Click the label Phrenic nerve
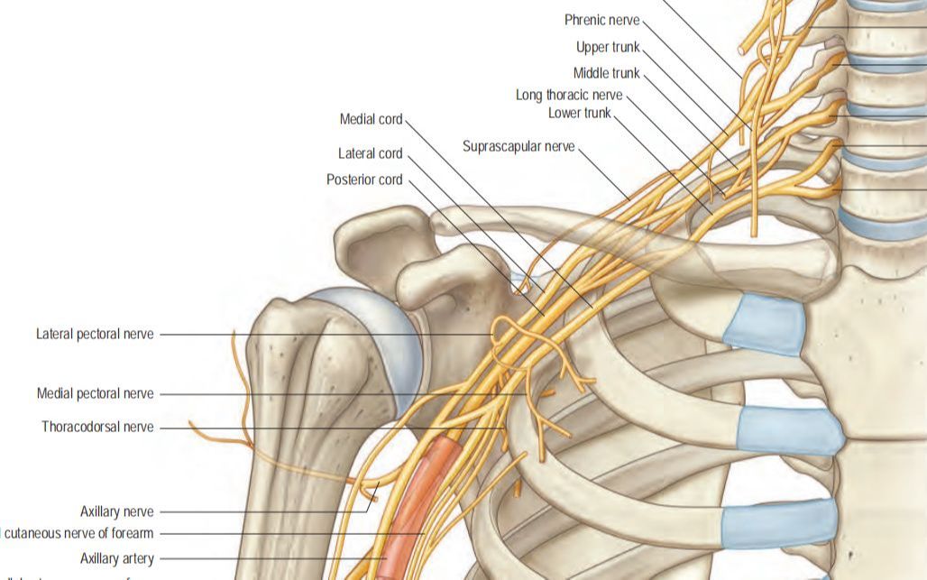pyautogui.click(x=602, y=20)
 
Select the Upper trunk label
pyautogui.click(x=608, y=47)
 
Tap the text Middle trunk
pyautogui.click(x=606, y=73)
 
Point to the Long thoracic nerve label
pyautogui.click(x=568, y=95)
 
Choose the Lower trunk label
pyautogui.click(x=579, y=113)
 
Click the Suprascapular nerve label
pyautogui.click(x=519, y=146)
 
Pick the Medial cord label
pyautogui.click(x=371, y=119)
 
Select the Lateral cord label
pyautogui.click(x=370, y=153)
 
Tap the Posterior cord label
pyautogui.click(x=364, y=180)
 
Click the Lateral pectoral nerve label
pyautogui.click(x=95, y=334)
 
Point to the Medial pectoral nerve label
pyautogui.click(x=95, y=393)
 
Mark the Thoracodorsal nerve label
pyautogui.click(x=97, y=427)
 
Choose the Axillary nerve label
pyautogui.click(x=116, y=511)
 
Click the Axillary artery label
pyautogui.click(x=116, y=558)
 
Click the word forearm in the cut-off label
pyautogui.click(x=128, y=533)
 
